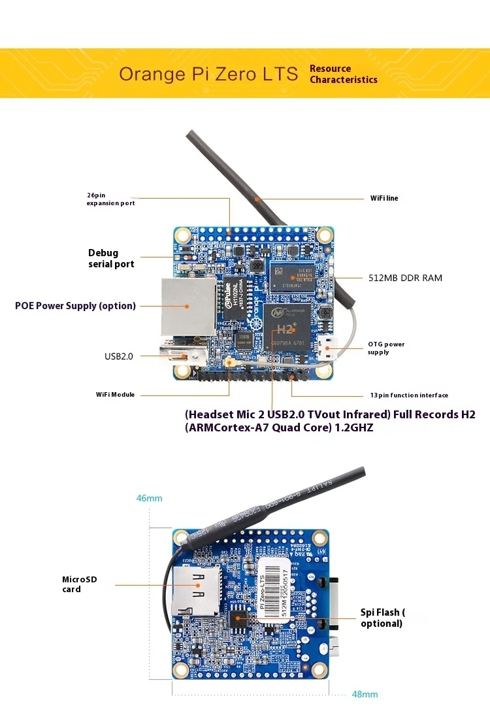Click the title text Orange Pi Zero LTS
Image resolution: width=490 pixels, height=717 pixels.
click(x=208, y=74)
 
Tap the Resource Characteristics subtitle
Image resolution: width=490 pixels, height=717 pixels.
click(x=343, y=74)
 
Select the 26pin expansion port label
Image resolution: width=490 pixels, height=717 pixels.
click(x=110, y=199)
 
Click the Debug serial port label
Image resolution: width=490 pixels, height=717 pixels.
click(x=111, y=258)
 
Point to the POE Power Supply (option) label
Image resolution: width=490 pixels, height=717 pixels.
click(x=75, y=305)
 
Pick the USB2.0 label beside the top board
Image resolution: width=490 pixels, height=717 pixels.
click(x=118, y=356)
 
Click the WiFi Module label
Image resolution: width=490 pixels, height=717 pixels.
click(x=115, y=395)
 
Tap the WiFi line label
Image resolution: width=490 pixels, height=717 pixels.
click(x=384, y=198)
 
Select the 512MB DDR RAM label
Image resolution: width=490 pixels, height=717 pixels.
click(x=404, y=278)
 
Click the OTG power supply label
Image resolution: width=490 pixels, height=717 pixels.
click(x=386, y=348)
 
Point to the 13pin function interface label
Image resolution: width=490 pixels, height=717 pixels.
click(x=408, y=395)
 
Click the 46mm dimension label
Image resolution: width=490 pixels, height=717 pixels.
click(x=149, y=498)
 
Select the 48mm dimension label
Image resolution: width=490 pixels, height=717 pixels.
click(x=365, y=694)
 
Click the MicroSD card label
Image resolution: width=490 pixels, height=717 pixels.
click(x=79, y=584)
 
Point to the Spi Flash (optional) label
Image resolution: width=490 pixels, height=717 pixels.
click(x=382, y=618)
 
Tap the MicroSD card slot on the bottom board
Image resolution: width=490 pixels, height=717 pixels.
click(x=197, y=592)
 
